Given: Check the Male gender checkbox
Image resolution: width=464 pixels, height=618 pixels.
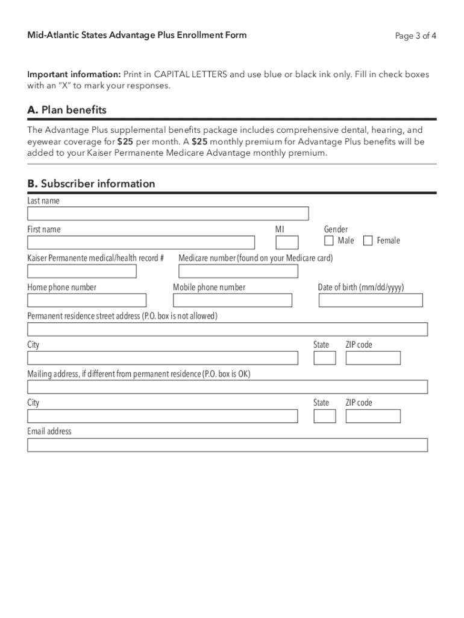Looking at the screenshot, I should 329,241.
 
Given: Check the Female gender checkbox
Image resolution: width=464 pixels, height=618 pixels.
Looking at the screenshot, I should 368,241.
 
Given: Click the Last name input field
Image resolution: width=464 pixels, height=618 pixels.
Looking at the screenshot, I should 168,214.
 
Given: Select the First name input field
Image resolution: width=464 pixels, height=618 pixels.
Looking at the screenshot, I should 141,243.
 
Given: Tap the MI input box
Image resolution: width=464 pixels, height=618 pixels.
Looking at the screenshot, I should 287,243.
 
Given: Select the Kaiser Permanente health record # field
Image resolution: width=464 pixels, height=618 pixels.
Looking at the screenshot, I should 82,272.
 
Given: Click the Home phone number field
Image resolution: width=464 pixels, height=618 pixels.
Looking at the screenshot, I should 87,301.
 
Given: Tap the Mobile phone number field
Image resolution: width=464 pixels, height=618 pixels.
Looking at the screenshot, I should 233,301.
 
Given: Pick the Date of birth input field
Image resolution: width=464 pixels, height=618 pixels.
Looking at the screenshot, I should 371,301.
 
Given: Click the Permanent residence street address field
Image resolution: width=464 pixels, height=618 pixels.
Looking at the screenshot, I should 227,330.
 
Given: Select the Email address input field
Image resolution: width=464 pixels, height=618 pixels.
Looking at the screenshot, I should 227,445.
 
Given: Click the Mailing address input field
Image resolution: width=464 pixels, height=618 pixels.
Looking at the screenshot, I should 227,387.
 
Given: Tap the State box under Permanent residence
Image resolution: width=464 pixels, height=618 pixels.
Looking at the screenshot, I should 325,358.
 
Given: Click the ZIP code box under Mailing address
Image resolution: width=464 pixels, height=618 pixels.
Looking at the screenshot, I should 373,416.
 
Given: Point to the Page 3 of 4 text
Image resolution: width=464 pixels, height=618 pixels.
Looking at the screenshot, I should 416,36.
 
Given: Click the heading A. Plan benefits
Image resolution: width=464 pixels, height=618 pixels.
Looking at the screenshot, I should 67,110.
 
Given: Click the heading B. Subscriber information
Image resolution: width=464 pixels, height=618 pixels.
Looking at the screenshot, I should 91,183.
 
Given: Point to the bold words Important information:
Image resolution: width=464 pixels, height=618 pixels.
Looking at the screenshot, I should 74,74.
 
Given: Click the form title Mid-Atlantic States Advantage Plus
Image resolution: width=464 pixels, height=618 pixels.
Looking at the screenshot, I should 137,35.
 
